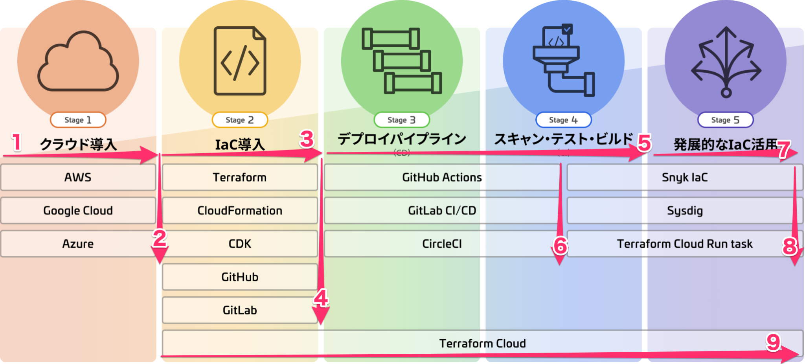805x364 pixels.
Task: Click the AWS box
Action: pos(78,177)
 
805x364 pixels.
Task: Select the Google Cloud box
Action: pos(78,211)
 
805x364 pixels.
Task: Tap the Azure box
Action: pos(78,244)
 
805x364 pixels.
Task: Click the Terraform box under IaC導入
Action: pos(240,177)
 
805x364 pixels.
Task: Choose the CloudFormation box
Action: pos(240,211)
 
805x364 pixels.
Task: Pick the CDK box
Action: pos(240,244)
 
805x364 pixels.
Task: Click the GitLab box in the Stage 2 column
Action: pos(240,310)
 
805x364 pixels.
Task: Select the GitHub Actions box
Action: pos(442,177)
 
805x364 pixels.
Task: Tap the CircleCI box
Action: pos(442,244)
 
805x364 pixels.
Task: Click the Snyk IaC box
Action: pos(684,177)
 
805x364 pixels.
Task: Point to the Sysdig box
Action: pos(684,211)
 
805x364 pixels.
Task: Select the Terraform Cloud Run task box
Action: pos(684,244)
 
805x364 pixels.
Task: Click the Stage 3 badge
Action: pos(401,120)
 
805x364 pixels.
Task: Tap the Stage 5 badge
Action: pos(725,120)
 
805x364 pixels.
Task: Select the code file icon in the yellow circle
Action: pos(240,61)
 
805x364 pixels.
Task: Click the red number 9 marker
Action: pos(773,342)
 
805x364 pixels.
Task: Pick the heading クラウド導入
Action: pos(78,144)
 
